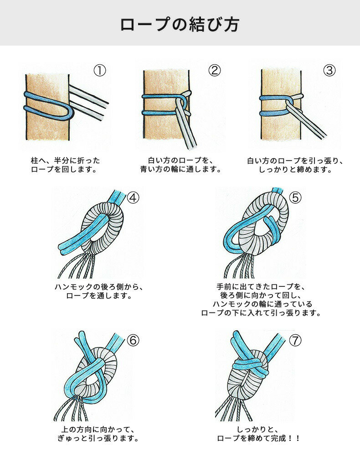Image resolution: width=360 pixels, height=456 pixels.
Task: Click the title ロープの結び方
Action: point(180,24)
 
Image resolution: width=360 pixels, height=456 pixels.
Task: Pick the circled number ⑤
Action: point(295,197)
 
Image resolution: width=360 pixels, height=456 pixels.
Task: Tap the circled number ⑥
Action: point(133,340)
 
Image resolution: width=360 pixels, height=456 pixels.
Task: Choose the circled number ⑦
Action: point(295,340)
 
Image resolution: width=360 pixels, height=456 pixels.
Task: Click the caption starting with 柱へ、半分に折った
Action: point(65,165)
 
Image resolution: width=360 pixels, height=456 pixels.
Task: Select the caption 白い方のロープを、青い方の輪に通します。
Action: point(180,165)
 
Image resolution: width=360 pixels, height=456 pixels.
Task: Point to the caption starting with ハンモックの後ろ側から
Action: point(99,291)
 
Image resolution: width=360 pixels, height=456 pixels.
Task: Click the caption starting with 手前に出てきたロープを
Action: point(261,300)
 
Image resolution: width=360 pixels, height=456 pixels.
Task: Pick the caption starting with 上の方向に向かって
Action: point(98,434)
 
